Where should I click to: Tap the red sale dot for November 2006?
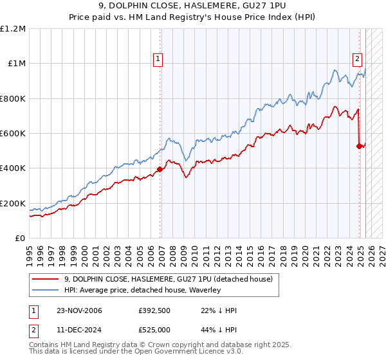click(160, 170)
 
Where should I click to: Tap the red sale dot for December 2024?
click(359, 146)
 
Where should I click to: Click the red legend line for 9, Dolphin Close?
click(44, 279)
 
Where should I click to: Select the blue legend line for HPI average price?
click(44, 290)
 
